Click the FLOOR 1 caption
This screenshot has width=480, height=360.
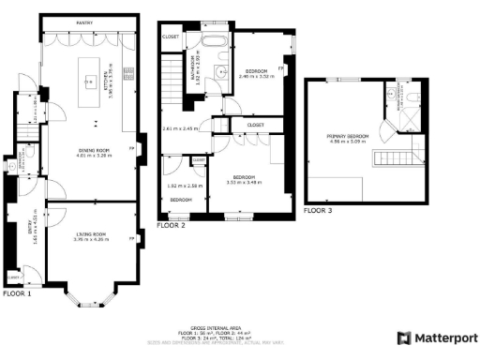tap(17, 293)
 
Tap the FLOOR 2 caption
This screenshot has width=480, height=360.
tap(171, 226)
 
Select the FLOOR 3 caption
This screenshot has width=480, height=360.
tap(318, 211)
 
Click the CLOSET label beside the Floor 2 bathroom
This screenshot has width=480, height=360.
tap(172, 37)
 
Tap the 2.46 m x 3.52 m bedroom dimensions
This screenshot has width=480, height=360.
tap(258, 77)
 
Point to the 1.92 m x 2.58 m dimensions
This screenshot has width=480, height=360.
tap(181, 186)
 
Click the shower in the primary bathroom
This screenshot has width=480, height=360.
tap(392, 95)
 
